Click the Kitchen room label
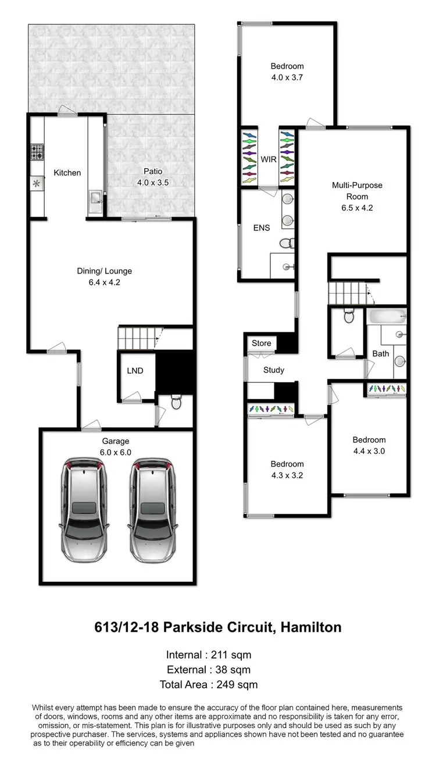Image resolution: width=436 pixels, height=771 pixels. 67,173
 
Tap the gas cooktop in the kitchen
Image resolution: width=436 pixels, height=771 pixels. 37,152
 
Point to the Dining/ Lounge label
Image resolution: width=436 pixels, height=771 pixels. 105,271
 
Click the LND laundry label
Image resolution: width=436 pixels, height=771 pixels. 135,371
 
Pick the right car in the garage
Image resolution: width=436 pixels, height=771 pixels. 151,510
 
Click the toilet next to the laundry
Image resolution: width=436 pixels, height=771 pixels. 176,401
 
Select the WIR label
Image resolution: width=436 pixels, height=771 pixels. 268,159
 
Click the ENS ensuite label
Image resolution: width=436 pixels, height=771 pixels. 262,228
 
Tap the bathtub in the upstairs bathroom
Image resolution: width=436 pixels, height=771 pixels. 386,318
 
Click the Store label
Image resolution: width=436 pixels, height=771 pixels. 262,343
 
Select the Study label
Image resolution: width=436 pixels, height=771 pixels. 273,369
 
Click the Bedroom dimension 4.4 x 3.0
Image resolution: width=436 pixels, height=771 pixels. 369,450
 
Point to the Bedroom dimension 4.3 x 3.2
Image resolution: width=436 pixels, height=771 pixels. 287,474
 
